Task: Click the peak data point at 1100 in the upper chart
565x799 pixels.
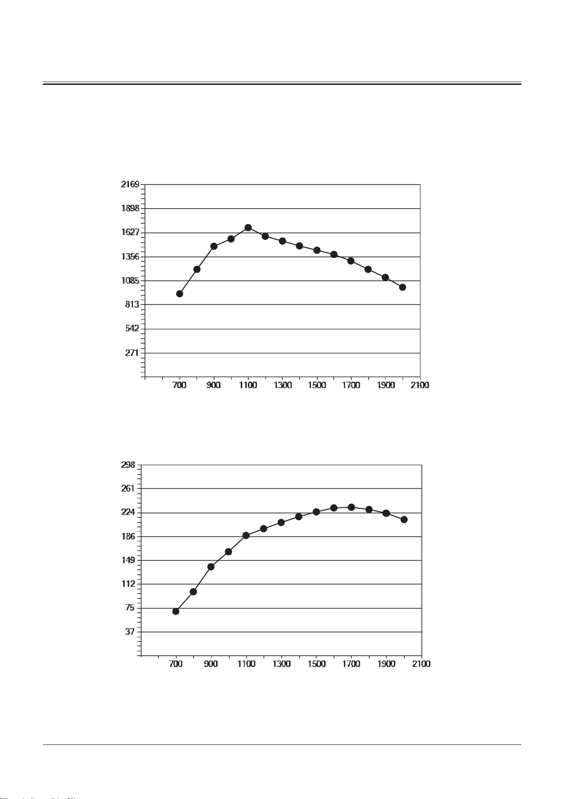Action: pos(248,228)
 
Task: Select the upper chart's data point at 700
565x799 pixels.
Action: pos(180,294)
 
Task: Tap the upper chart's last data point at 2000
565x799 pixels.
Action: pos(402,287)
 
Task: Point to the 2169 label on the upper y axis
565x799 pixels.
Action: pos(130,184)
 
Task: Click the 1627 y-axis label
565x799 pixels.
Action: pos(130,232)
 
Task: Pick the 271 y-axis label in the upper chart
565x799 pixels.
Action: pos(132,353)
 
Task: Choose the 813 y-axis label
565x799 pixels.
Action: pos(132,304)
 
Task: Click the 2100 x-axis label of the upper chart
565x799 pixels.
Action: pos(420,385)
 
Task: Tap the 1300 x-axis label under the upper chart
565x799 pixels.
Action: pos(282,385)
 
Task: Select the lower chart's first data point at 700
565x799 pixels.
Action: pos(176,611)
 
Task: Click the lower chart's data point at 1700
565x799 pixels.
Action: pos(351,507)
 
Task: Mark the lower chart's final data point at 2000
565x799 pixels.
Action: pos(404,520)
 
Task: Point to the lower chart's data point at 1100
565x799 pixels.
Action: pos(246,535)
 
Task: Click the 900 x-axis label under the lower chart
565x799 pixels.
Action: pos(211,664)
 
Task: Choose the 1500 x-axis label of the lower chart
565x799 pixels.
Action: pos(316,664)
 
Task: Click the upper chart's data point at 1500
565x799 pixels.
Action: pos(317,250)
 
